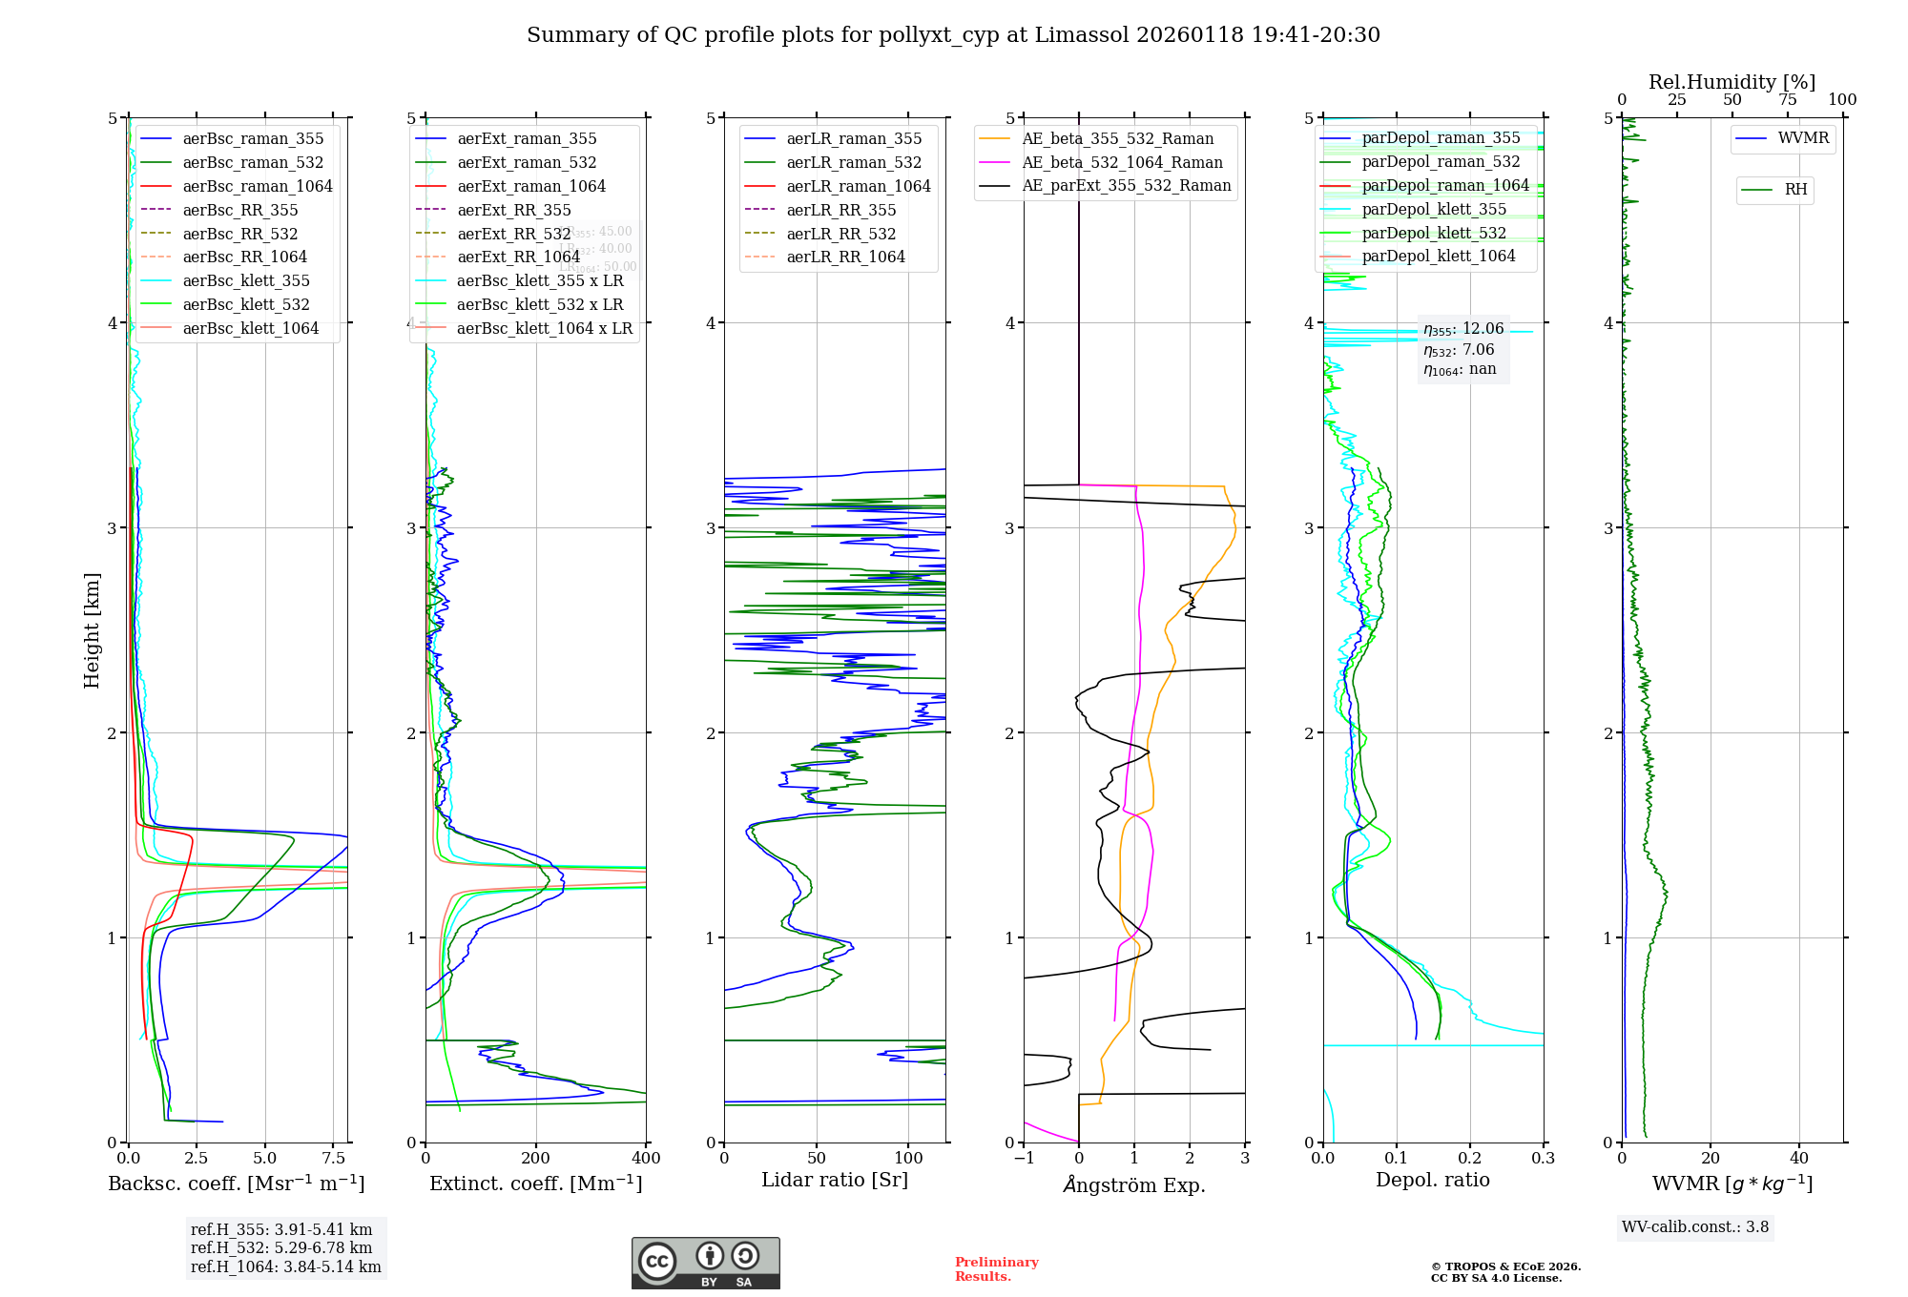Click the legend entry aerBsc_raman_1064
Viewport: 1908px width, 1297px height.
(257, 186)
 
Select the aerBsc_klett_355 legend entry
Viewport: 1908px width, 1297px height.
(245, 280)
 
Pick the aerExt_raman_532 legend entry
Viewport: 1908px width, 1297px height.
(527, 162)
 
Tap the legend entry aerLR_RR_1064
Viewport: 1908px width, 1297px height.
(845, 257)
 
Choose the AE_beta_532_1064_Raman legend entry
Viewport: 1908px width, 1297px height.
(1122, 162)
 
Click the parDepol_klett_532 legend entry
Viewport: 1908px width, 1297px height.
(1433, 233)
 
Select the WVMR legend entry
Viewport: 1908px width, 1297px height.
(1803, 138)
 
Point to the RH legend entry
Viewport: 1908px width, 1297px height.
(1795, 190)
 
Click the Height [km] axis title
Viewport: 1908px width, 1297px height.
(92, 630)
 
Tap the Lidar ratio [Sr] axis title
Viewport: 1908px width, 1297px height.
(835, 1180)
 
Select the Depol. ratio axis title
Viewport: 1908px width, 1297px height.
(1432, 1180)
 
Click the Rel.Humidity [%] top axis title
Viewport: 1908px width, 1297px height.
(1732, 82)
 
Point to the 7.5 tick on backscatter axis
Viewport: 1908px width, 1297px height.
(333, 1159)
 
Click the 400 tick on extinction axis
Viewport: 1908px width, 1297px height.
(646, 1159)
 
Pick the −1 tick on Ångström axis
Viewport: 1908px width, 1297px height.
(1024, 1159)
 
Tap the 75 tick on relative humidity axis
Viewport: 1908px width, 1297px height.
(1787, 100)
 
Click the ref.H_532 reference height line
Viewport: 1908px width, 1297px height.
(280, 1247)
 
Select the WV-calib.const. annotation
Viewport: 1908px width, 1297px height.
(1694, 1227)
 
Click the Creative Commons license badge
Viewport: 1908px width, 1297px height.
(705, 1263)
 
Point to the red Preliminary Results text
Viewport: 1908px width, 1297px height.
(996, 1269)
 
